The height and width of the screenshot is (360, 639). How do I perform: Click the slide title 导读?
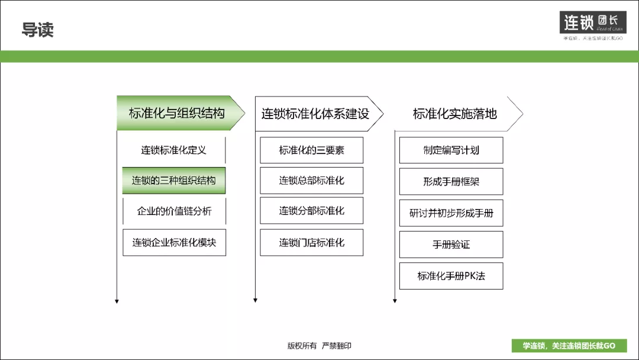click(x=38, y=30)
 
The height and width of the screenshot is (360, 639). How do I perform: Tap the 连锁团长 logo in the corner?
click(x=592, y=23)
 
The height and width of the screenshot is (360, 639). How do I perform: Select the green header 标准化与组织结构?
click(x=177, y=113)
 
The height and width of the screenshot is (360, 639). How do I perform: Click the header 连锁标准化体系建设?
click(x=315, y=114)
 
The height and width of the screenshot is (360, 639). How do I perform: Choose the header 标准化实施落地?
click(x=455, y=114)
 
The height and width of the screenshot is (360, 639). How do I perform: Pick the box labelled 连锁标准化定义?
click(x=174, y=150)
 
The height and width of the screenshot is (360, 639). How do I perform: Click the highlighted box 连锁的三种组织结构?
click(x=174, y=181)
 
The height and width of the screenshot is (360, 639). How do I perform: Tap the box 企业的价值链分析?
click(x=174, y=211)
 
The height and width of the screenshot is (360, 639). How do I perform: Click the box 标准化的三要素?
click(x=312, y=150)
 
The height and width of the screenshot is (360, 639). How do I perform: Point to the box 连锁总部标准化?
click(x=312, y=181)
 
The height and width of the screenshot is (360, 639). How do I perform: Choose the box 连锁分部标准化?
click(x=312, y=211)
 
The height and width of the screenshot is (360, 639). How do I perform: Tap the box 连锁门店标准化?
click(x=312, y=242)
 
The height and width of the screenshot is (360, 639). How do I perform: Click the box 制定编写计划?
click(x=451, y=150)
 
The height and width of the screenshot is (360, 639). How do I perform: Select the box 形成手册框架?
click(x=451, y=182)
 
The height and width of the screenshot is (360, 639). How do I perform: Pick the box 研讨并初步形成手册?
click(x=451, y=213)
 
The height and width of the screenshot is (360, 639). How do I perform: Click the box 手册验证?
click(x=451, y=245)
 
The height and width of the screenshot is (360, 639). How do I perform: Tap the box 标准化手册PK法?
click(x=451, y=276)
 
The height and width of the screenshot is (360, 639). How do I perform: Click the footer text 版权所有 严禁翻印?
click(x=319, y=346)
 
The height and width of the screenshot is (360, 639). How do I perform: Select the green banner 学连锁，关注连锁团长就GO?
click(x=569, y=346)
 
